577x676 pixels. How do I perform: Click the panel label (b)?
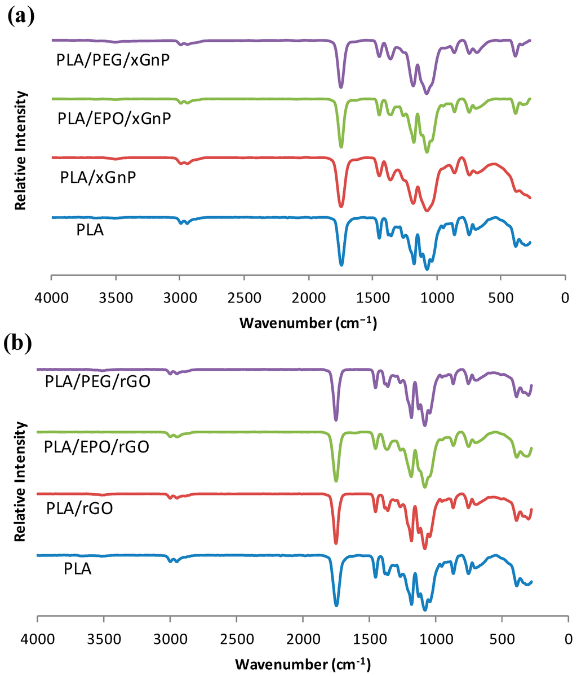pos(22,343)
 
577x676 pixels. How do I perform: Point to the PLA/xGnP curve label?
pos(98,177)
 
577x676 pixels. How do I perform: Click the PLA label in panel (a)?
pos(90,230)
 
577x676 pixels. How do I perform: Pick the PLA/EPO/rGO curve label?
pos(96,447)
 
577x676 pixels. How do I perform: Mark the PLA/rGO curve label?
pos(79,508)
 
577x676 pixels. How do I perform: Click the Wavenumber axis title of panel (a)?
pos(308,323)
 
